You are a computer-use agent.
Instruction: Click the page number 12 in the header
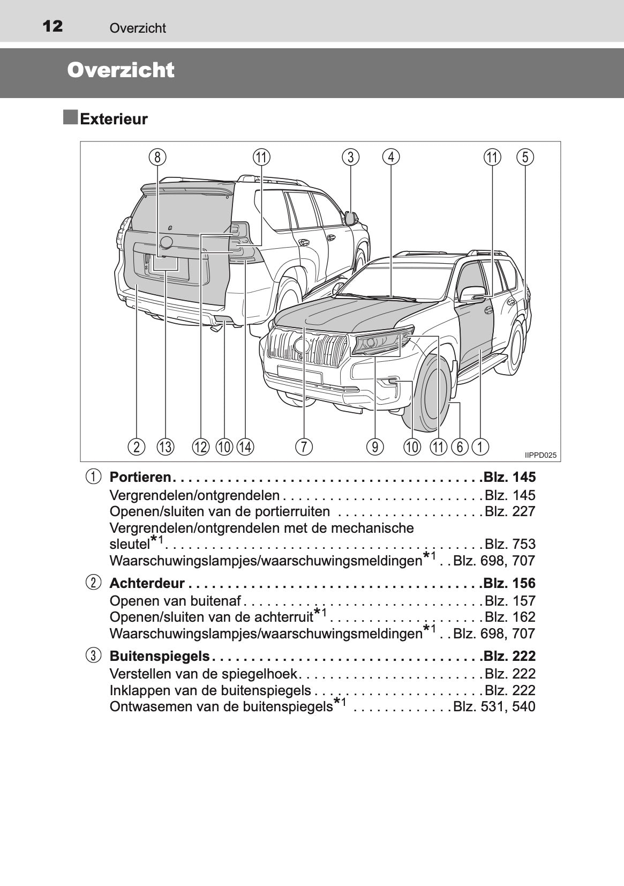click(x=52, y=26)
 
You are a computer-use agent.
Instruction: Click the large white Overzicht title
click(x=121, y=71)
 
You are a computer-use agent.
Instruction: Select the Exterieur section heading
click(x=114, y=119)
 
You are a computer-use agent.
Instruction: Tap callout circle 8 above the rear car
click(x=157, y=157)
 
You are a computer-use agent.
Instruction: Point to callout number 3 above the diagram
click(x=350, y=157)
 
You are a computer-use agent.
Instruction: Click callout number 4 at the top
click(x=391, y=157)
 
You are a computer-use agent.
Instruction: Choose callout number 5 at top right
click(x=525, y=157)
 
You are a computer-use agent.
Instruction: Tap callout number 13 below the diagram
click(x=166, y=446)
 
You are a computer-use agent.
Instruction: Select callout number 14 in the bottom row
click(x=245, y=446)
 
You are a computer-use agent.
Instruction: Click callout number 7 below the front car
click(x=304, y=446)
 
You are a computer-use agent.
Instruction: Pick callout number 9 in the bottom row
click(x=375, y=446)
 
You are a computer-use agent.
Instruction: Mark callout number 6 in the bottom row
click(x=460, y=446)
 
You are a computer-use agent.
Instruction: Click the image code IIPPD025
click(x=540, y=456)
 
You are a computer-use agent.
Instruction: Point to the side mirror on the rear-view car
click(x=351, y=218)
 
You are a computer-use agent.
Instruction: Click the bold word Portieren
click(x=140, y=477)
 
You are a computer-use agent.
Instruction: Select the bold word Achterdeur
click(x=147, y=583)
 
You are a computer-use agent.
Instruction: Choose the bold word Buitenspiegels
click(x=160, y=656)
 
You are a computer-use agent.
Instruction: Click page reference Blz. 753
click(x=509, y=544)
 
